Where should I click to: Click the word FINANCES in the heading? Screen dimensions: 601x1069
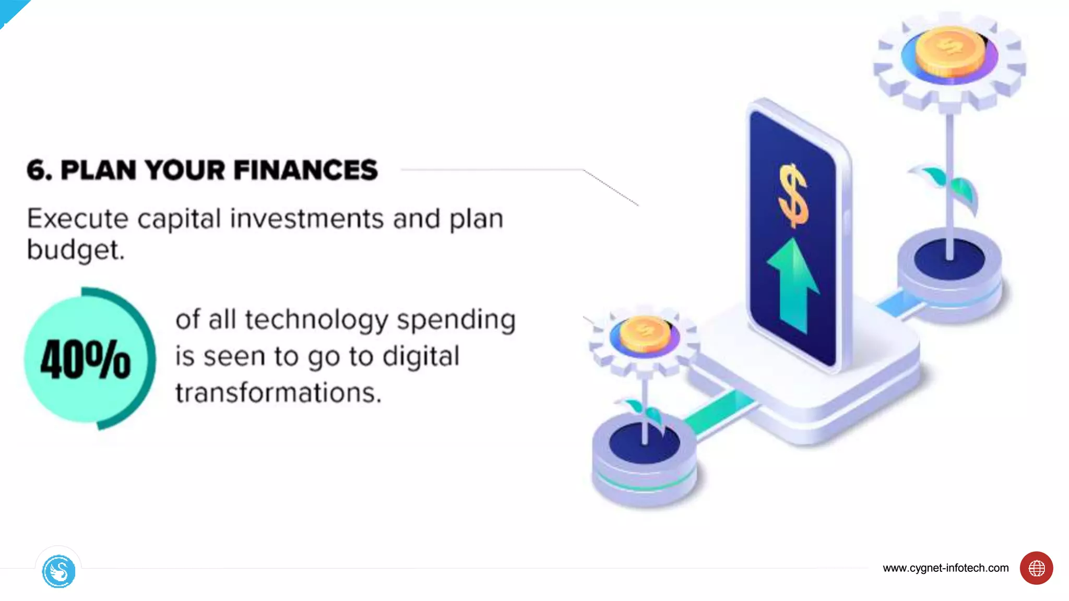coord(305,170)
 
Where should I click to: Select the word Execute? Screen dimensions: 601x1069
coord(77,219)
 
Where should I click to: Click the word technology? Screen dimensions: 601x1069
coord(316,320)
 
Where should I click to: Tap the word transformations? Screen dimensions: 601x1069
coord(278,393)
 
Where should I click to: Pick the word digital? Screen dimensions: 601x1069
coord(421,357)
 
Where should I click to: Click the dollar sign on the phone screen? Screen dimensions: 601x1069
coord(793,196)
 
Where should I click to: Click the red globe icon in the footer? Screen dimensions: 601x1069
coord(1036,568)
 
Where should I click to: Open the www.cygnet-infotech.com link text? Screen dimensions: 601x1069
coord(945,568)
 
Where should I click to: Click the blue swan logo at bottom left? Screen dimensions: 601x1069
coord(58,571)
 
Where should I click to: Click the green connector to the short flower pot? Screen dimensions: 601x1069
coord(720,412)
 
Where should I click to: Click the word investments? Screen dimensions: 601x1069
coord(307,219)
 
